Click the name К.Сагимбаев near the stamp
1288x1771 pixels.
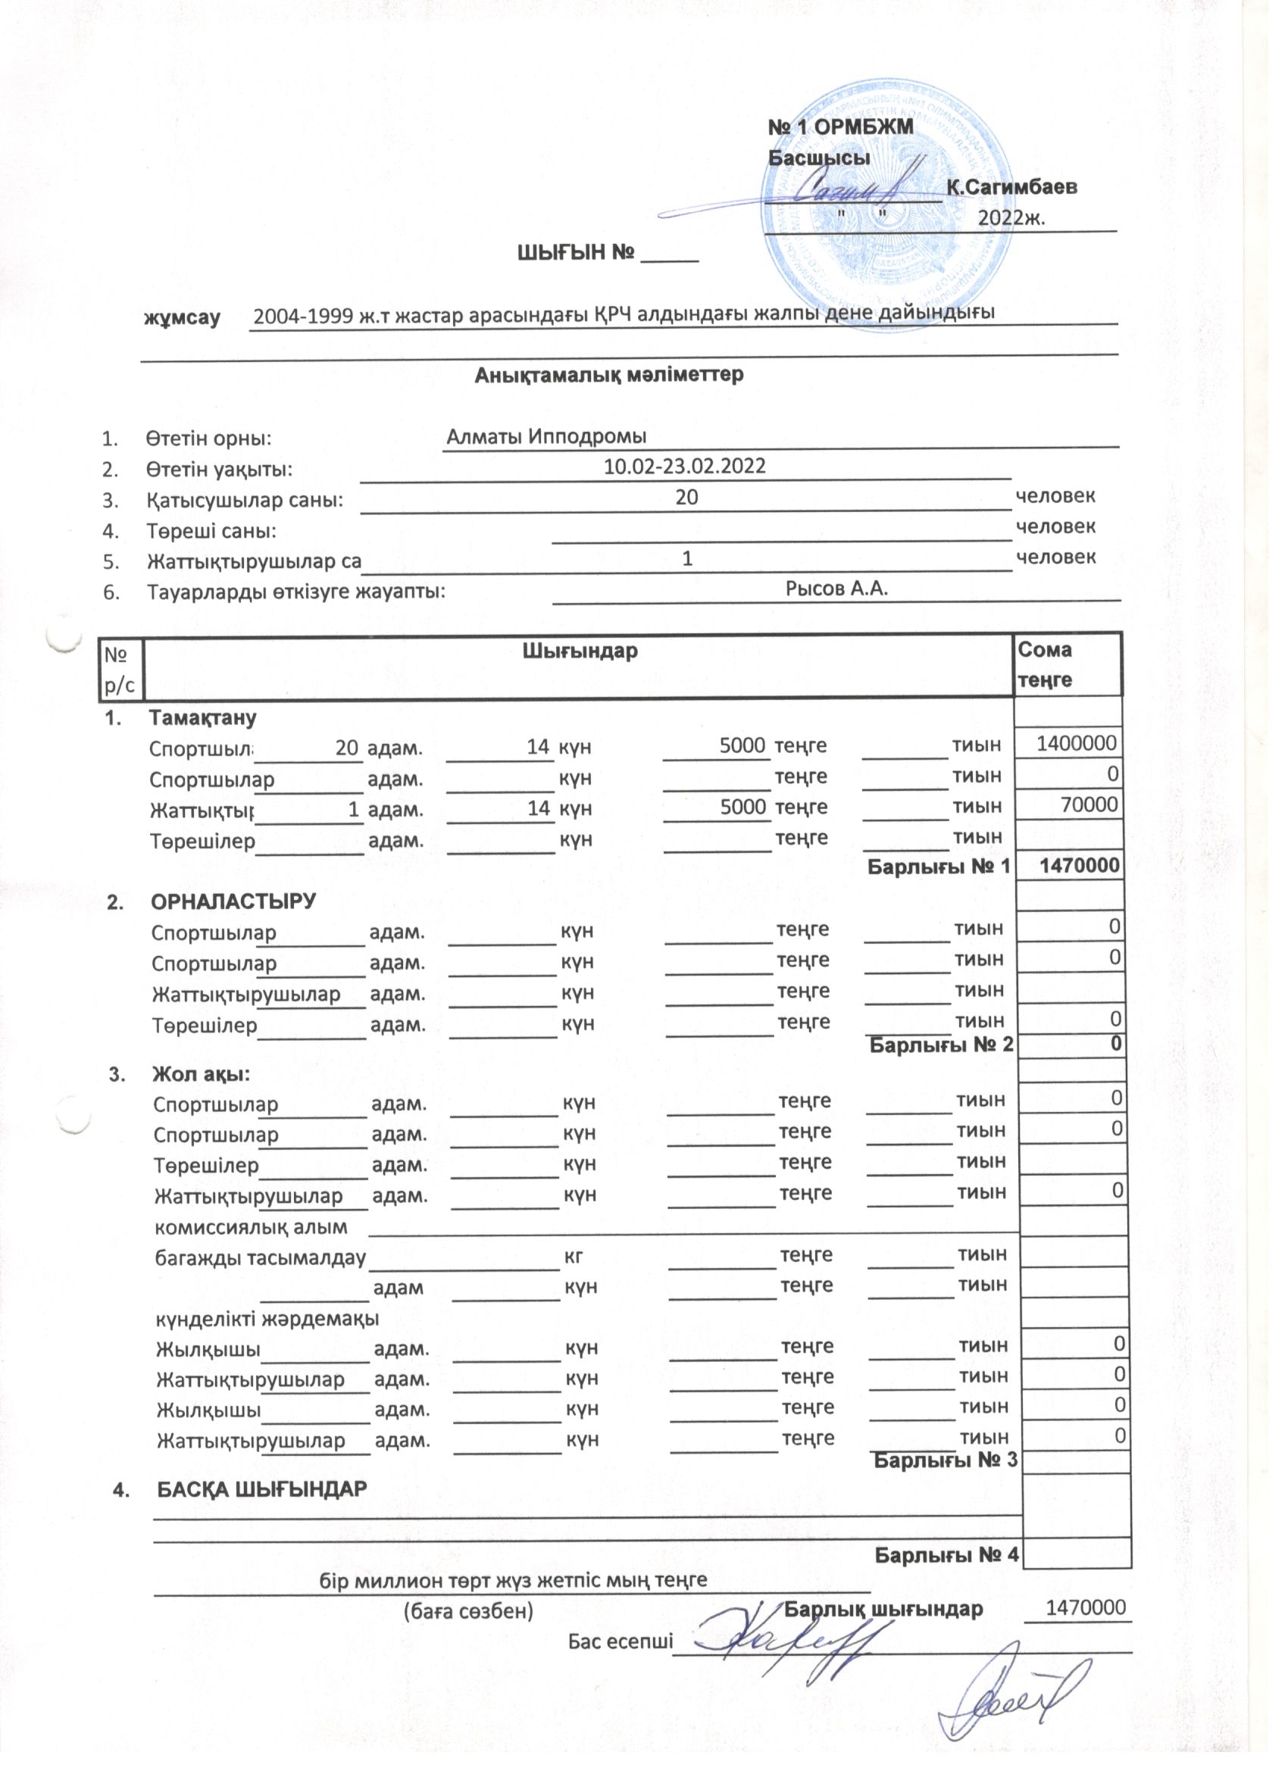click(1011, 187)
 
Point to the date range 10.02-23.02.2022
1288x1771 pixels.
click(685, 467)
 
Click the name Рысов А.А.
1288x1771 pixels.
click(836, 588)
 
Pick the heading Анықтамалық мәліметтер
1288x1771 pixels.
click(609, 375)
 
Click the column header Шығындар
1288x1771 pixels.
click(580, 651)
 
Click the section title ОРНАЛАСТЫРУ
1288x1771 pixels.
click(233, 901)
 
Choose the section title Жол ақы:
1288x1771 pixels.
click(202, 1074)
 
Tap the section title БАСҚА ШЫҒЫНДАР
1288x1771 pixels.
click(262, 1489)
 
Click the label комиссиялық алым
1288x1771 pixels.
click(251, 1226)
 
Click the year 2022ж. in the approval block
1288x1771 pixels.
click(1011, 217)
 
